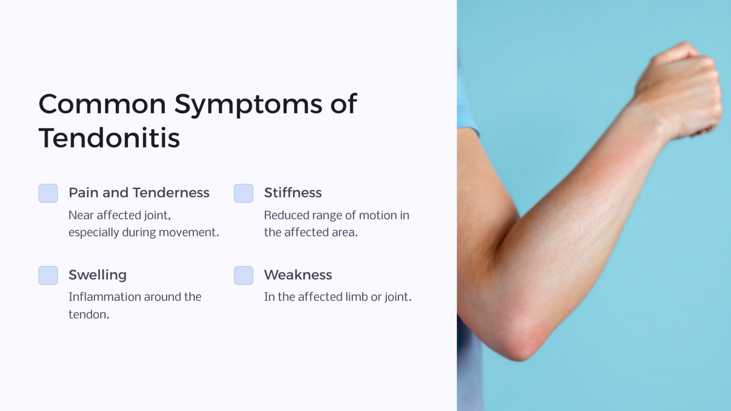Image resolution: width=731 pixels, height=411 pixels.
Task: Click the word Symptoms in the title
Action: (x=247, y=105)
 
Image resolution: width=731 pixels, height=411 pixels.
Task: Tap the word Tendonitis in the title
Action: (x=109, y=138)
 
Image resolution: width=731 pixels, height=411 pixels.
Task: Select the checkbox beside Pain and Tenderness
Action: (x=48, y=193)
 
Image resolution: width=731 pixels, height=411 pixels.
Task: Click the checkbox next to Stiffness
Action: (x=244, y=193)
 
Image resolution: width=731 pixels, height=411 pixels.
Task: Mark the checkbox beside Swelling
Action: (x=48, y=275)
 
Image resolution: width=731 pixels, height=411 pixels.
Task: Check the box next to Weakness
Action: (x=244, y=275)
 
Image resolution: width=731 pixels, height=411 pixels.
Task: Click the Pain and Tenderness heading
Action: (x=139, y=193)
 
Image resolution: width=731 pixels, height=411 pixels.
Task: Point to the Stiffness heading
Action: (x=293, y=193)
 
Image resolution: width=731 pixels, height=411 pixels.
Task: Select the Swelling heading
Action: (x=98, y=275)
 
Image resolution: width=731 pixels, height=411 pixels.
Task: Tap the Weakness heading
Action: (x=298, y=275)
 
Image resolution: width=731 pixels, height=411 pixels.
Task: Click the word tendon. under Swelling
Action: (x=89, y=314)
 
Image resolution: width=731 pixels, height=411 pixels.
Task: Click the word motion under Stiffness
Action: (x=377, y=215)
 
